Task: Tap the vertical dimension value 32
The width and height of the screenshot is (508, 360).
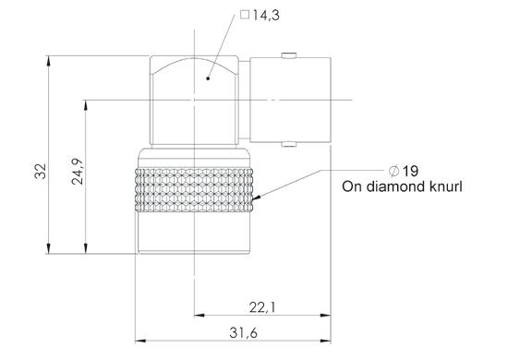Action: [x=41, y=172]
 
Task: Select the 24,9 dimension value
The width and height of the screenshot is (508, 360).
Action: [x=78, y=172]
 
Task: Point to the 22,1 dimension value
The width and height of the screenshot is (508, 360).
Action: [x=262, y=307]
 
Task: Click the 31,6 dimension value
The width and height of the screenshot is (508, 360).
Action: [x=243, y=332]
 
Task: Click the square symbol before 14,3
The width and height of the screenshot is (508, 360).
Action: [x=245, y=15]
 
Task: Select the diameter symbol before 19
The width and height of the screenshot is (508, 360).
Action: [x=394, y=171]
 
